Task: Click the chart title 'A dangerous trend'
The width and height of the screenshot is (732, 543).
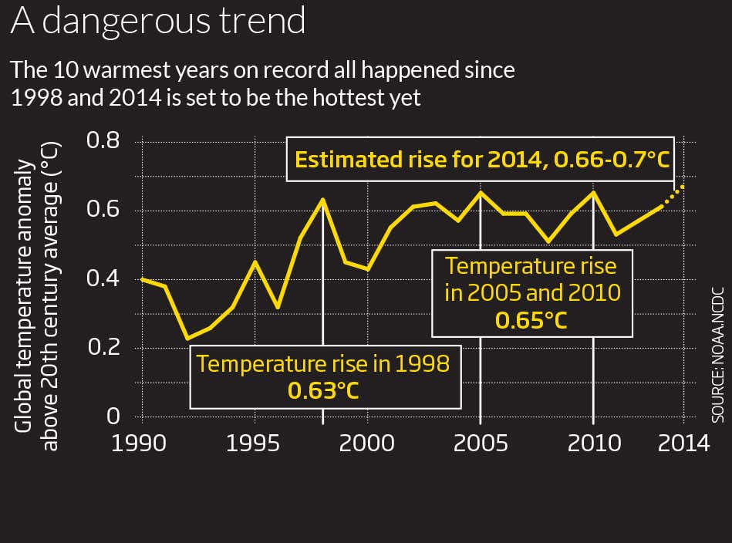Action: point(157,22)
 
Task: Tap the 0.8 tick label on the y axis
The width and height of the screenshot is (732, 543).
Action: point(103,142)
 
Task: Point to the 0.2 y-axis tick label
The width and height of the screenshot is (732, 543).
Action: point(103,348)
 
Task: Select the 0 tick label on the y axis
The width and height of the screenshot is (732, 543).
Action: point(114,417)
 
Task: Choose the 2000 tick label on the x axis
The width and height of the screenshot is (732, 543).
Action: point(368,444)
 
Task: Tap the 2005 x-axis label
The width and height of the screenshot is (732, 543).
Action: point(481,444)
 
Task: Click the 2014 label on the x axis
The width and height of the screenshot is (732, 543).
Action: point(683,444)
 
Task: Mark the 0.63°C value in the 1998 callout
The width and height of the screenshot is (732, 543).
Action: point(323,390)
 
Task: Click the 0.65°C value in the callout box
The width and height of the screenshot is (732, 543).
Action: point(531,320)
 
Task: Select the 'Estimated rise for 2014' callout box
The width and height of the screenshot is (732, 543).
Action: point(481,160)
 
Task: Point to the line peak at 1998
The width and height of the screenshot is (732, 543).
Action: point(322,199)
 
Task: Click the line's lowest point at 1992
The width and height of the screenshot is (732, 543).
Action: point(187,338)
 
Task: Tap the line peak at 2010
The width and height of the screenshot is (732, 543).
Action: point(593,192)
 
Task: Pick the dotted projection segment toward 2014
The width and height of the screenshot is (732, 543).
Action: point(673,195)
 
